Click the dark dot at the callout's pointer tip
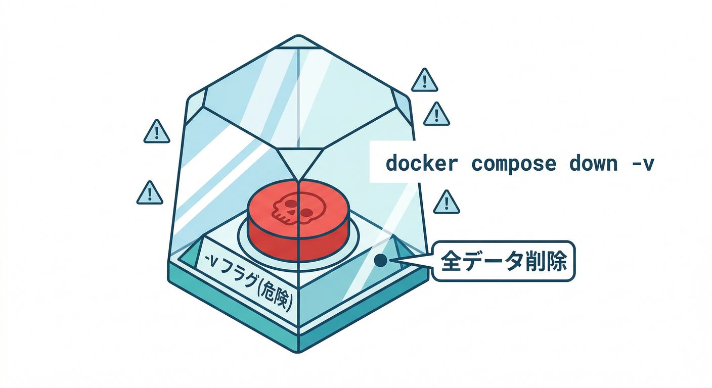pyautogui.click(x=381, y=260)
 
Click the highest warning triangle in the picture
pyautogui.click(x=424, y=80)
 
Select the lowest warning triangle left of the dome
pyautogui.click(x=150, y=193)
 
